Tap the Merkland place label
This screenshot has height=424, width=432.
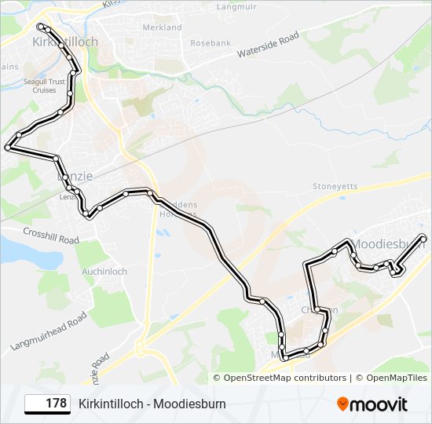click(x=162, y=27)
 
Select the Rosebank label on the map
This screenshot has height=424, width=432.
click(x=210, y=42)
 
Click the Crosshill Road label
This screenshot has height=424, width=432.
click(x=51, y=235)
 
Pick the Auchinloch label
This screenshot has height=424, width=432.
click(x=104, y=272)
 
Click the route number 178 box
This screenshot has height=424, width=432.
click(x=47, y=404)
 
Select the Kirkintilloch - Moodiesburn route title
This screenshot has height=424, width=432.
click(x=152, y=404)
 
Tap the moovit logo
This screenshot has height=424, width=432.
click(x=372, y=404)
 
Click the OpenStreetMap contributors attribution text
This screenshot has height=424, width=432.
click(x=284, y=378)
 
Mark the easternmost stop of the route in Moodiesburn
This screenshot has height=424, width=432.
click(x=423, y=237)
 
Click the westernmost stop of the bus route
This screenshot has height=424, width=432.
click(x=8, y=147)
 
